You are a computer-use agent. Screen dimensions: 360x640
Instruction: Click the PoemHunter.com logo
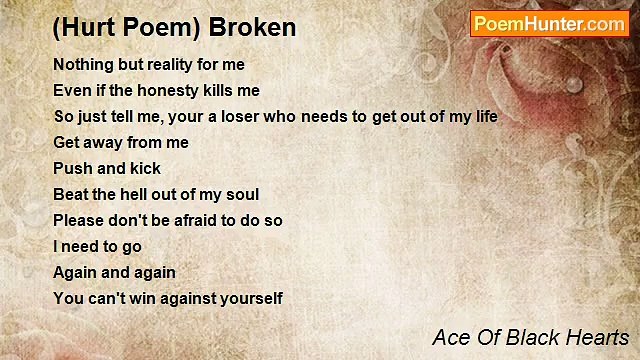[x=549, y=24]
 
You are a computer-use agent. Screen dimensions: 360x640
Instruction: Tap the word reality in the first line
[x=168, y=64]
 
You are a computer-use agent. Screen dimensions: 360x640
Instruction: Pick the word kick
[x=144, y=168]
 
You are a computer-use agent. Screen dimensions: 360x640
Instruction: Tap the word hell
[x=140, y=194]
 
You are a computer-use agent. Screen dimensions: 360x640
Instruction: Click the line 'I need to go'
[x=97, y=246]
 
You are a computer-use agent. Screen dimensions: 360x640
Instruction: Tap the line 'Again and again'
[x=114, y=272]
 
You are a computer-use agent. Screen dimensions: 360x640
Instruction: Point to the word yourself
[x=251, y=298]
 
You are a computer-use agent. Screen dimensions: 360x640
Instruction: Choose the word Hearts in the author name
[x=597, y=337]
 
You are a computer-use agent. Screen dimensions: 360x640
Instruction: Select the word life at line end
[x=485, y=116]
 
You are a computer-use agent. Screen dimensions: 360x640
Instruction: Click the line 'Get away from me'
[x=120, y=142]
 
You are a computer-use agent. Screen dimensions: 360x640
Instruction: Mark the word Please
[x=78, y=220]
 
